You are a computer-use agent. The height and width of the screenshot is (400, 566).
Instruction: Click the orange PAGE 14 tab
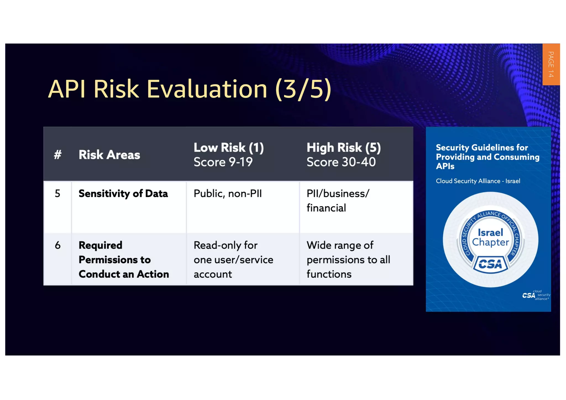click(x=551, y=64)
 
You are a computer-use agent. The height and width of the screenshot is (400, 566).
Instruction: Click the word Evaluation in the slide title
click(x=207, y=89)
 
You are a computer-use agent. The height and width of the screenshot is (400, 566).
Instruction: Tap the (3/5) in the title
click(x=303, y=89)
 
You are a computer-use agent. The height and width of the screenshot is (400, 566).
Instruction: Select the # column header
click(x=57, y=154)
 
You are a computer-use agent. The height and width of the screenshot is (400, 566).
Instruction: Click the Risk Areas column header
click(x=109, y=155)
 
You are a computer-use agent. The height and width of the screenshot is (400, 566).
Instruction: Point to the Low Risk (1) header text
click(x=229, y=148)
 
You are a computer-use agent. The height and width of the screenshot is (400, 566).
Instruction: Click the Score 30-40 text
click(x=341, y=162)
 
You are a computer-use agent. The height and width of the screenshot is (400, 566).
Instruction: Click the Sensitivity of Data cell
click(x=123, y=194)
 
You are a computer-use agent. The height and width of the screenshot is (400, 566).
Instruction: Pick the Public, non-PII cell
click(x=227, y=194)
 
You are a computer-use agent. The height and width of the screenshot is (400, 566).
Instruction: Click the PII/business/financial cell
click(x=338, y=201)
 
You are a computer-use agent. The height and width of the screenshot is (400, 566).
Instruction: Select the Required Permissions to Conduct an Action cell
click(x=124, y=260)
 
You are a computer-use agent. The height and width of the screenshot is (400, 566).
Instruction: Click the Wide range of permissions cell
click(x=348, y=260)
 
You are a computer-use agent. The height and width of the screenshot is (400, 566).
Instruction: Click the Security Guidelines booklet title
click(x=487, y=157)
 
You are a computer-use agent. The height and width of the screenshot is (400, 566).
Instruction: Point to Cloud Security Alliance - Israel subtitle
click(x=478, y=181)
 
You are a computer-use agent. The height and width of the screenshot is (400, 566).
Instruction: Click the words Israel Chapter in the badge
click(x=490, y=237)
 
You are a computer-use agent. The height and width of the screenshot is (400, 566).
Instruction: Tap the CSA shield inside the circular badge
click(x=490, y=264)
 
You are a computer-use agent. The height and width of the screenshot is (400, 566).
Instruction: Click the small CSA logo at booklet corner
click(x=535, y=295)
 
